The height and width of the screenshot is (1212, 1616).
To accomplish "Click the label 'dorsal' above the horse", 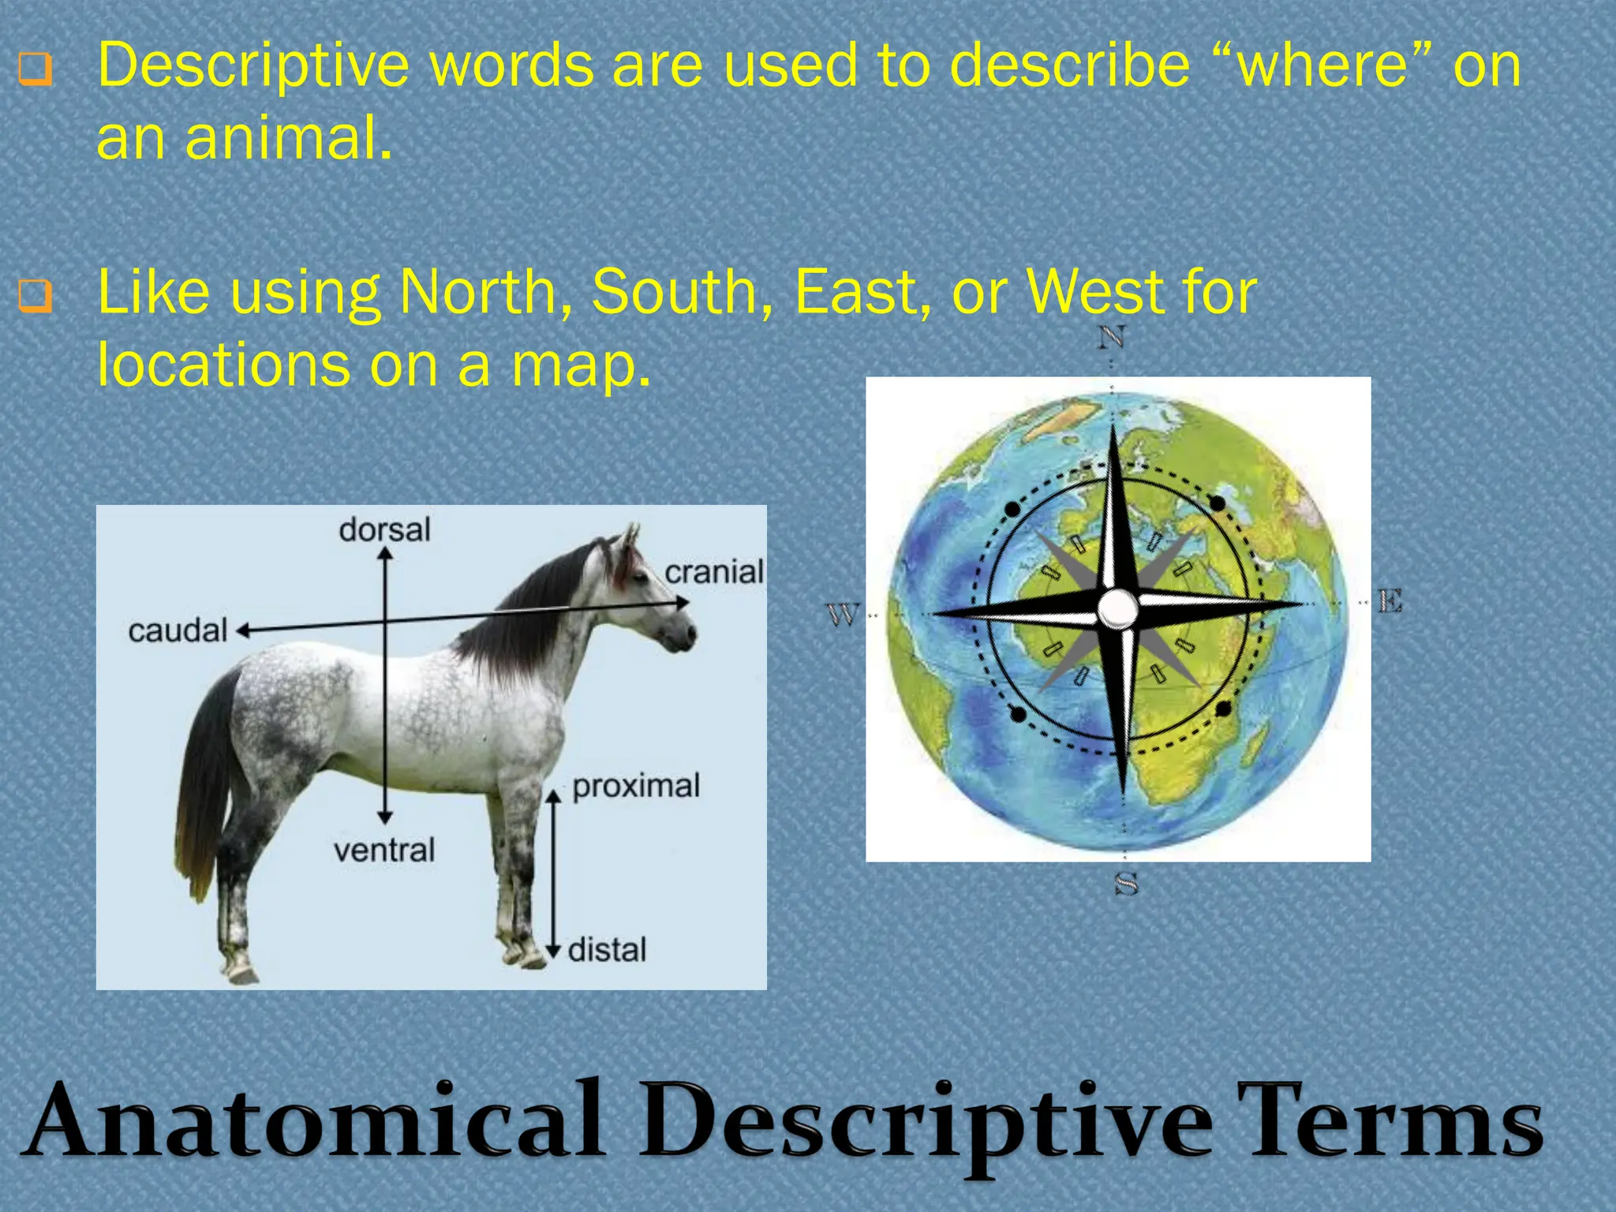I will coord(384,529).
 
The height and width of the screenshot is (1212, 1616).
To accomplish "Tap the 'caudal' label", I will coord(178,630).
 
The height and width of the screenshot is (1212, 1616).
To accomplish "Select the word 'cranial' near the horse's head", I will coord(714,572).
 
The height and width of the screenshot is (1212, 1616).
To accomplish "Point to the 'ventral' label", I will coord(384,850).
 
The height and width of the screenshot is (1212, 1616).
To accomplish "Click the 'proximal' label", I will coord(636,786).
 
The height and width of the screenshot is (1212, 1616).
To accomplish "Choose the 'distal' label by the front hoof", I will coord(607,949).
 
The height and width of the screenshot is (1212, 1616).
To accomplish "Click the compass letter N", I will coord(1111,338).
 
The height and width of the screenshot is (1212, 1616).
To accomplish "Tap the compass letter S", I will coord(1126,883).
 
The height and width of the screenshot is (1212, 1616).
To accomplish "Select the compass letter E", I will coord(1390,601).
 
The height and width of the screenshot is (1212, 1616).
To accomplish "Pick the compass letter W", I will coord(842,613).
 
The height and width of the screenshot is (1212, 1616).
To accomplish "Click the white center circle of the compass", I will coord(1117,608).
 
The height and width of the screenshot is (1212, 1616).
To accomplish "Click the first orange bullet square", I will coord(36,69).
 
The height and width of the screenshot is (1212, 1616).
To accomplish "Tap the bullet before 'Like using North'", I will coord(36,297).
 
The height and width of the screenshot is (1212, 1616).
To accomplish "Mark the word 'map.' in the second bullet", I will coord(581,365).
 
